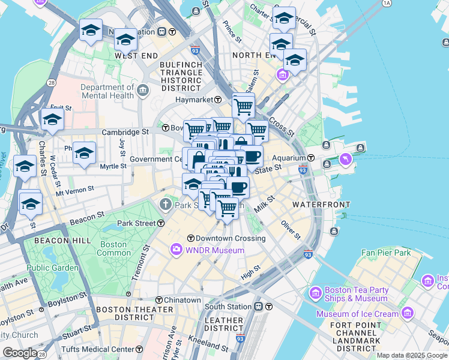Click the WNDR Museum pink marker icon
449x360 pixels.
tap(176, 248)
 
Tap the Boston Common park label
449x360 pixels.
tap(113, 248)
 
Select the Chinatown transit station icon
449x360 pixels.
tap(159, 300)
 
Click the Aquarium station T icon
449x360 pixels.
tap(311, 158)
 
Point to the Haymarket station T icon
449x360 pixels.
tap(218, 100)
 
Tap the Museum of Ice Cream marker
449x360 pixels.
tap(408, 313)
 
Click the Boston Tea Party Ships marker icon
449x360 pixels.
tap(315, 293)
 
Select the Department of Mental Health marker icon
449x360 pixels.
tap(143, 91)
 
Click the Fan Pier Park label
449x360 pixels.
tap(386, 253)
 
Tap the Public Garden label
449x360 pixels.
tap(52, 268)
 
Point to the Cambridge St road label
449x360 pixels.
tap(125, 131)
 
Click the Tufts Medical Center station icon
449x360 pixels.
tap(139, 349)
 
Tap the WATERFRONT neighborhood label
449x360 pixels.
tap(321, 205)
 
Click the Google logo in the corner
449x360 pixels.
tap(20, 353)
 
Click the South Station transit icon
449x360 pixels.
tap(258, 307)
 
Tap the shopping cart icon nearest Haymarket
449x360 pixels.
tap(243, 107)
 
